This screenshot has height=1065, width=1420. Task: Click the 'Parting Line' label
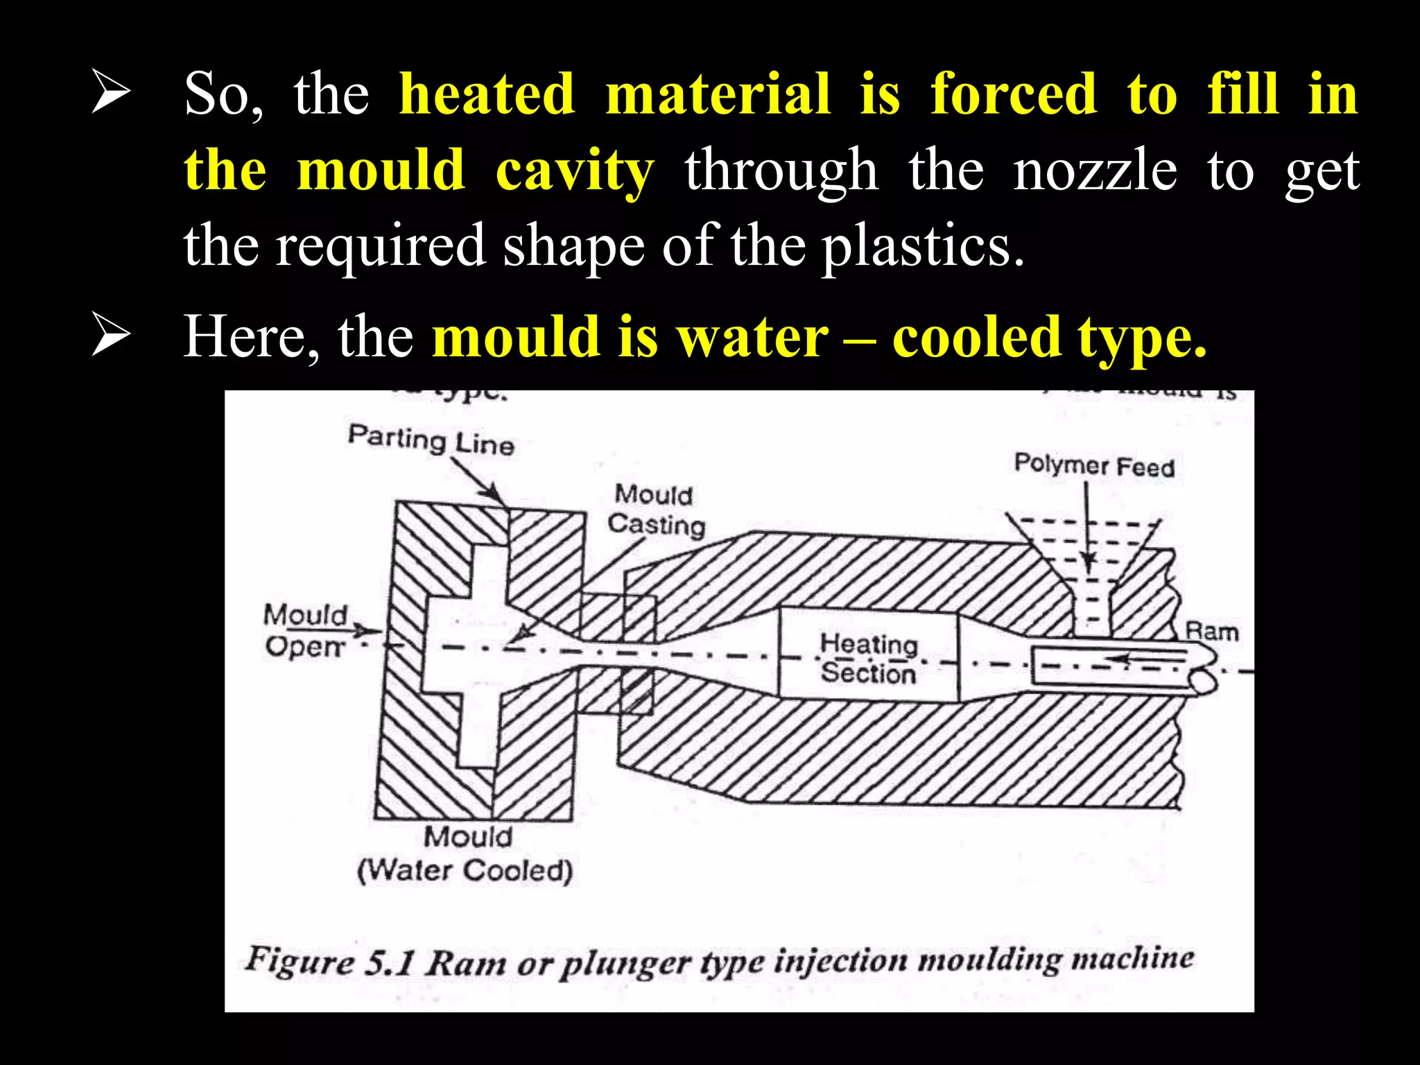[x=431, y=440]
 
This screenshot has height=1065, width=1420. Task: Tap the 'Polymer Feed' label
[x=1093, y=465]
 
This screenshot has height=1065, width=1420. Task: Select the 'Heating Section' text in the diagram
[x=868, y=658]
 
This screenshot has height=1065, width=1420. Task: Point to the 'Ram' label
[x=1211, y=632]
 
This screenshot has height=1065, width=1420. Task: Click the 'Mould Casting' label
[x=655, y=510]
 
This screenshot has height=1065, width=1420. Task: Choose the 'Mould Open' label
[x=305, y=630]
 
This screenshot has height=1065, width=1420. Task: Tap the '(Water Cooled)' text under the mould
[x=465, y=870]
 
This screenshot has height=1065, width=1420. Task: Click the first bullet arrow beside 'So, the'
[x=111, y=94]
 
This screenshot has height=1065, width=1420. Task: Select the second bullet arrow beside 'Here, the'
[x=111, y=336]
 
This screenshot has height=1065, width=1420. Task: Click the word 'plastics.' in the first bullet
[x=923, y=246]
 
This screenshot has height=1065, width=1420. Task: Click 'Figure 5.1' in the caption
[x=330, y=962]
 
